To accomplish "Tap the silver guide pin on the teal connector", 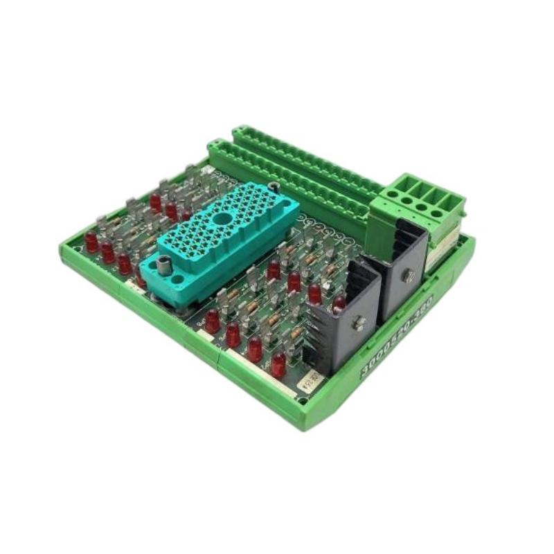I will pos(165,265).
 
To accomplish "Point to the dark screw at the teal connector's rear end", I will pos(274,187).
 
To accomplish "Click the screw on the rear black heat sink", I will pos(406,275).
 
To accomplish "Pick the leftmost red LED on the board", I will pos(91,241).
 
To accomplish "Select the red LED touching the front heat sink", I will pos(339,303).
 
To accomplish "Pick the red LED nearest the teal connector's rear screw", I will pos(274,270).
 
